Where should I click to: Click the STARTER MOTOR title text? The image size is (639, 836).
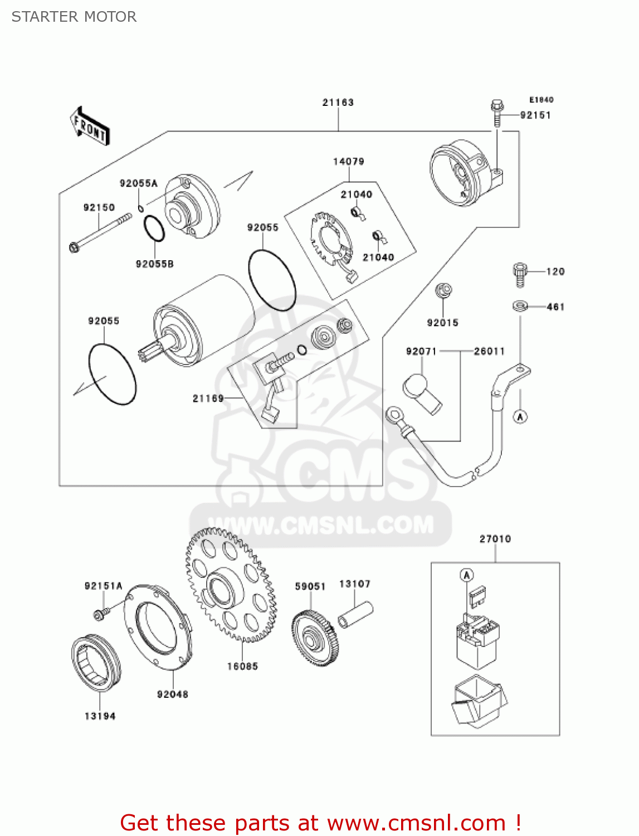[x=74, y=17]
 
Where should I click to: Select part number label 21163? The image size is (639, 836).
[x=338, y=103]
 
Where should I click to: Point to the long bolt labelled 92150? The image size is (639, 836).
[x=100, y=231]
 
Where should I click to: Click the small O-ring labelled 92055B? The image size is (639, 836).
[x=154, y=228]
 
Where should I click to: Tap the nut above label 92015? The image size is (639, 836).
[x=443, y=290]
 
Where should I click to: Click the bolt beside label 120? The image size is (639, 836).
[x=519, y=274]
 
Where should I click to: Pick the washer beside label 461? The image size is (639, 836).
[x=520, y=306]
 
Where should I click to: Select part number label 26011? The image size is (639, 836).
[x=489, y=351]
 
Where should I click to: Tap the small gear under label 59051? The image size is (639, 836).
[x=315, y=638]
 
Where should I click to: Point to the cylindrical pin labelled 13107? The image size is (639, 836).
[x=355, y=615]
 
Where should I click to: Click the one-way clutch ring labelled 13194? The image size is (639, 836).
[x=96, y=663]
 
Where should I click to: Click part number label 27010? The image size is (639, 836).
[x=495, y=539]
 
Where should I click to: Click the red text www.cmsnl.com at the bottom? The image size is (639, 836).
[x=416, y=823]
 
